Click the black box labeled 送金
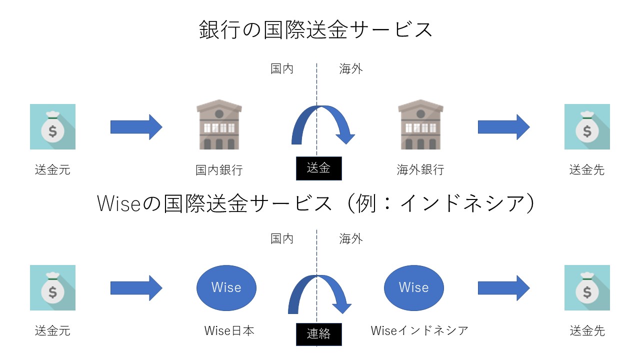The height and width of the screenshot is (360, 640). (318, 168)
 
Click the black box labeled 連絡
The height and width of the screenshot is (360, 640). (318, 333)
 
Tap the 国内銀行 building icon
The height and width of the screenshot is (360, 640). (219, 125)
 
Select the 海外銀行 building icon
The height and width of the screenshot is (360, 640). (420, 125)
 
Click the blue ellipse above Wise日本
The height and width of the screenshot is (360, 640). (226, 287)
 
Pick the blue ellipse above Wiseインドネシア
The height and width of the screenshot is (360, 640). (413, 287)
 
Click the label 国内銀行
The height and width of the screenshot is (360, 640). (219, 170)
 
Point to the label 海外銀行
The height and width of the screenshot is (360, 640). (420, 170)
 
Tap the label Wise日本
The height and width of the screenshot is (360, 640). (229, 331)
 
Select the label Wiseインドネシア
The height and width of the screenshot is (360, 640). (419, 331)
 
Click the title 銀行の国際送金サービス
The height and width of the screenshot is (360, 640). (315, 30)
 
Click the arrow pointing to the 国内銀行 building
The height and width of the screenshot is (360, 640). (136, 127)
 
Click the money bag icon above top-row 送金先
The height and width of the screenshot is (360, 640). (587, 127)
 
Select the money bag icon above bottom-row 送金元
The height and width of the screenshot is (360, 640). (52, 288)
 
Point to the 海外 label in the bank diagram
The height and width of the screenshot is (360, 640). (351, 69)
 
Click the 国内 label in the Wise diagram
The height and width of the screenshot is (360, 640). (282, 239)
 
